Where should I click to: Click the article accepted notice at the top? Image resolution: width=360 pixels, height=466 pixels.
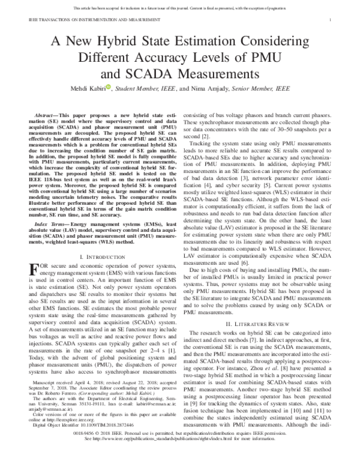(x=180, y=7)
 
